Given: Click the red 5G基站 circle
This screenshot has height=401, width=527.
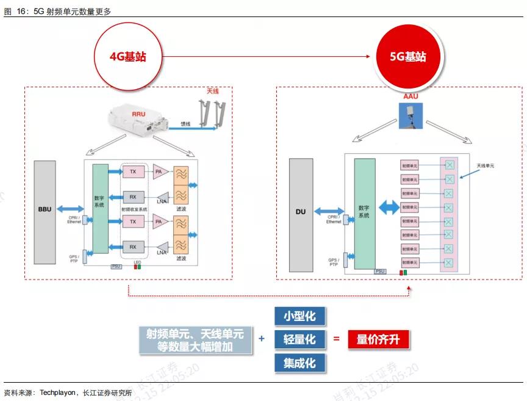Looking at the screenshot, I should [407, 57].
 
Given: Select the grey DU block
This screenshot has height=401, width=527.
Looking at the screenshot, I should [300, 212].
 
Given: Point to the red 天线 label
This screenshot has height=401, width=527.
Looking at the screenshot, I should [212, 91].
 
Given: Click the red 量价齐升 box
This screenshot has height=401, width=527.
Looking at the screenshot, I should [378, 339].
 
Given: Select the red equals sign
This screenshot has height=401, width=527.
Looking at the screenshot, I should [336, 339].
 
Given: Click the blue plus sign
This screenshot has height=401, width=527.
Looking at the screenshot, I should [262, 339].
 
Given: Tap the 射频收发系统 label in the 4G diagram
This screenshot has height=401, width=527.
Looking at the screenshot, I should [134, 209].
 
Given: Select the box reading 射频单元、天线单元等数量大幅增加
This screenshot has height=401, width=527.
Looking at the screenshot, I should [195, 340].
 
